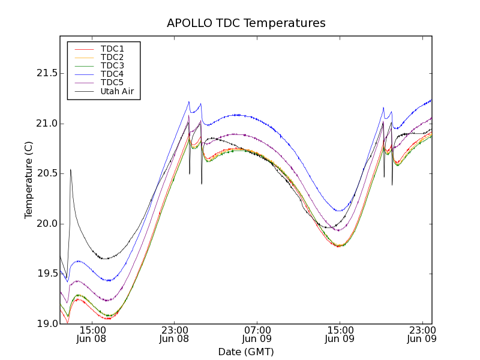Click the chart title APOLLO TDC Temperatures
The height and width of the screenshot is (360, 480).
coord(246,23)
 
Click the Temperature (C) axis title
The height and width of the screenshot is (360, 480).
coord(29,180)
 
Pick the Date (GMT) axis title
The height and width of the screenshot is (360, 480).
coord(246,352)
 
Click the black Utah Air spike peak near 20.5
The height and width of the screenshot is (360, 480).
coord(71,170)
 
